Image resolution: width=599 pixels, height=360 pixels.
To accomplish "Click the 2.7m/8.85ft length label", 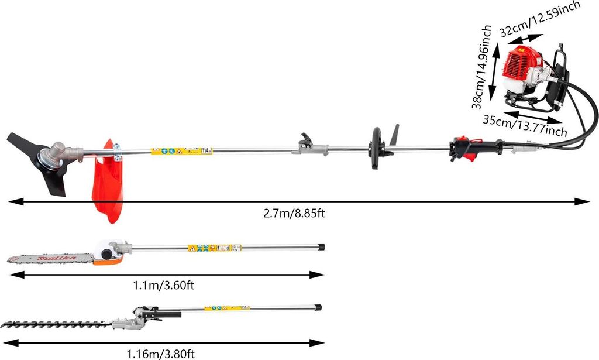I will tap(294, 213).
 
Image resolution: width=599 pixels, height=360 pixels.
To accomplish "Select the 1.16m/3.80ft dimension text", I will tap(161, 354).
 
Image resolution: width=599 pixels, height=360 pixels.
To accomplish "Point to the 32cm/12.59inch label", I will tap(539, 19).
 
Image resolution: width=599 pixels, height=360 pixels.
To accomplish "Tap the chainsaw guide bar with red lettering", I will tap(50, 258).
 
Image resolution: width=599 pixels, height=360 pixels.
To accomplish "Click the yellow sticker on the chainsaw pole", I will tap(214, 248).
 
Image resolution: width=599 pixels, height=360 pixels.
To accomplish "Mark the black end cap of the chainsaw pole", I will tap(321, 246).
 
